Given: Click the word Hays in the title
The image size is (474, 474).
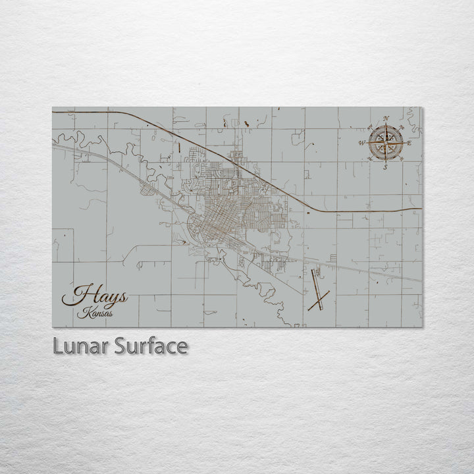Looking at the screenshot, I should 99,296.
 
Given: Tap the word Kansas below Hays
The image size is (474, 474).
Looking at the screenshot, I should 94,313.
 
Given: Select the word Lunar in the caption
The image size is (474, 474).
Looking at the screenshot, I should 81,346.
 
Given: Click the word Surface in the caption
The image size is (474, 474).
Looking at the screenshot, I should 151,346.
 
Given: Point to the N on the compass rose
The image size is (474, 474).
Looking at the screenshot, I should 386,118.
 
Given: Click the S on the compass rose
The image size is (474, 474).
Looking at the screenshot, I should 386,167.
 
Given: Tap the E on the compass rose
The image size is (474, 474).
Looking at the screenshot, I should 409,143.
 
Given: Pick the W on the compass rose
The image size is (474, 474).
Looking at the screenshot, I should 361,143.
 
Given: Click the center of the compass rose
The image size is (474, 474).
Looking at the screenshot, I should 386,143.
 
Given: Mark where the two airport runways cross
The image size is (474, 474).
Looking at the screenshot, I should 319,300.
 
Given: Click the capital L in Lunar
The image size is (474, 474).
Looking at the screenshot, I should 57,346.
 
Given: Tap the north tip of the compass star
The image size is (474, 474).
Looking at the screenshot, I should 386,124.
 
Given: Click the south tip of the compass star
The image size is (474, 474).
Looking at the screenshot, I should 386,162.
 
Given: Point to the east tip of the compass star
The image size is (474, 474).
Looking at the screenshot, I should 404,143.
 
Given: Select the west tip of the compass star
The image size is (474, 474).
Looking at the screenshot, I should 367,143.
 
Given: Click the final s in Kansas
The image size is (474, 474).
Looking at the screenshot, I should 109,314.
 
